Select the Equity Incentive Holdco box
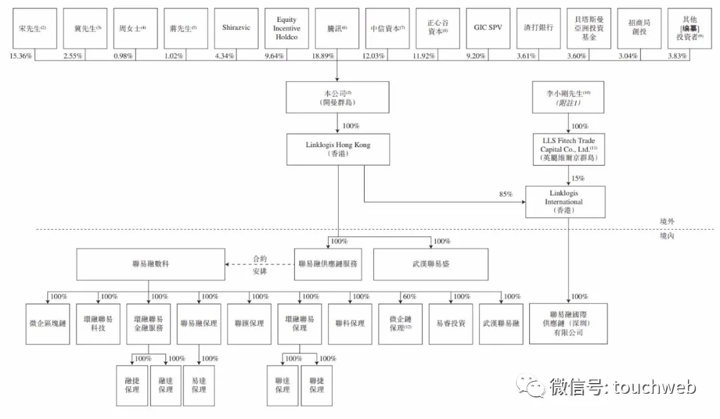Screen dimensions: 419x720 [x=287, y=28]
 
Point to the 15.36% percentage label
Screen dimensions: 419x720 [x=21, y=57]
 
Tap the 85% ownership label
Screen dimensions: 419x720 [x=506, y=195]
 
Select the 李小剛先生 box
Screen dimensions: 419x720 [x=567, y=98]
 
